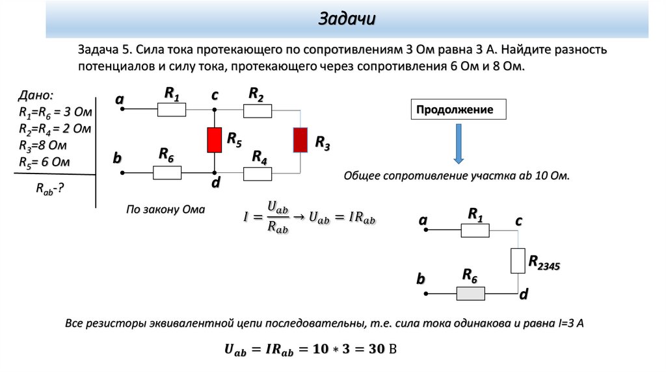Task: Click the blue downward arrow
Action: (x=459, y=144)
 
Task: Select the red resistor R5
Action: (x=215, y=140)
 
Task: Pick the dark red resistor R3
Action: (x=300, y=140)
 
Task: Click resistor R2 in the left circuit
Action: (x=258, y=111)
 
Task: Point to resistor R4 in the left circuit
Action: (x=258, y=173)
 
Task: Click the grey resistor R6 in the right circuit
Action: (x=471, y=293)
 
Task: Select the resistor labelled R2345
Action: (x=518, y=261)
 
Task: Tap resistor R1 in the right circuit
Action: (x=475, y=230)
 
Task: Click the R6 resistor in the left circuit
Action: (x=167, y=173)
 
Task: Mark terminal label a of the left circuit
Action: (x=119, y=99)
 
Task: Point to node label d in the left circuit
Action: (x=215, y=185)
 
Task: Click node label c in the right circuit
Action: (x=518, y=221)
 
